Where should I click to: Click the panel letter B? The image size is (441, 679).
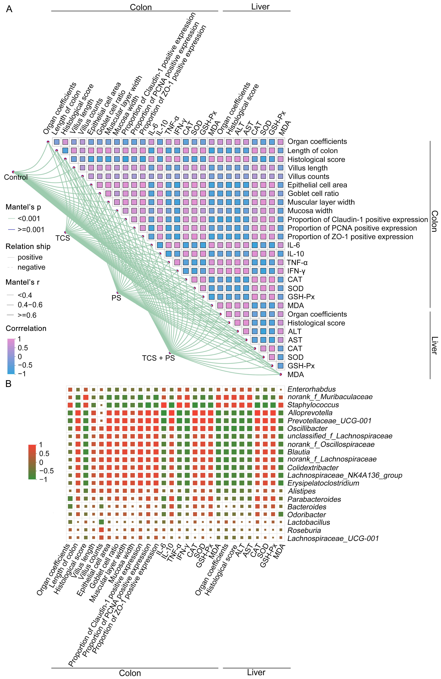(9, 384)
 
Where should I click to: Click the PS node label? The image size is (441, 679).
(116, 298)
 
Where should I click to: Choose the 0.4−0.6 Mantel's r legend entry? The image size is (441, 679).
(30, 305)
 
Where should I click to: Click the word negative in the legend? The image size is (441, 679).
(31, 267)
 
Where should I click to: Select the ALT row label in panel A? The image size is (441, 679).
(294, 332)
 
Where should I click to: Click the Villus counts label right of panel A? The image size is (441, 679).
(308, 177)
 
